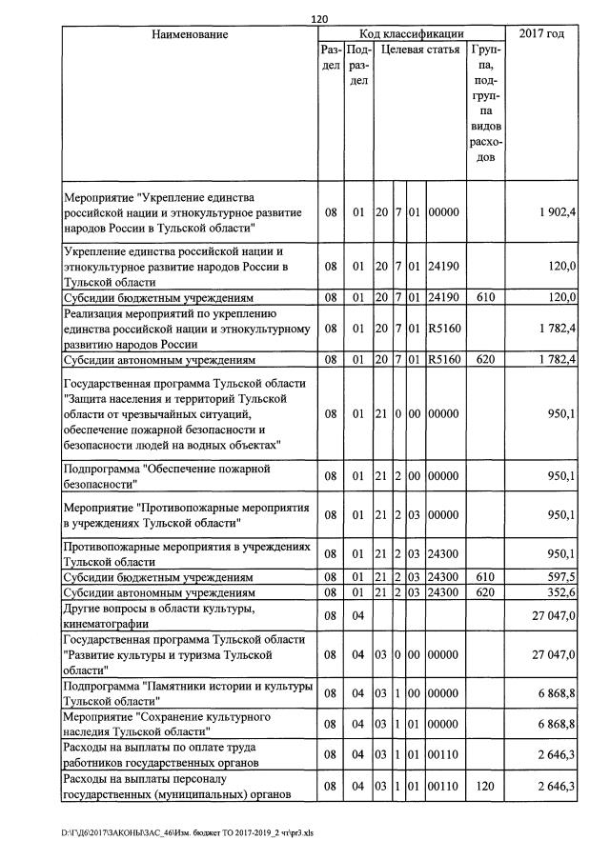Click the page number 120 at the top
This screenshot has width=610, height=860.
319,18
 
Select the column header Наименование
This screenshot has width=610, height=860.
190,34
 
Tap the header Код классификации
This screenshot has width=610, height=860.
411,34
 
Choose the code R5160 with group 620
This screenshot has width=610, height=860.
444,359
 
